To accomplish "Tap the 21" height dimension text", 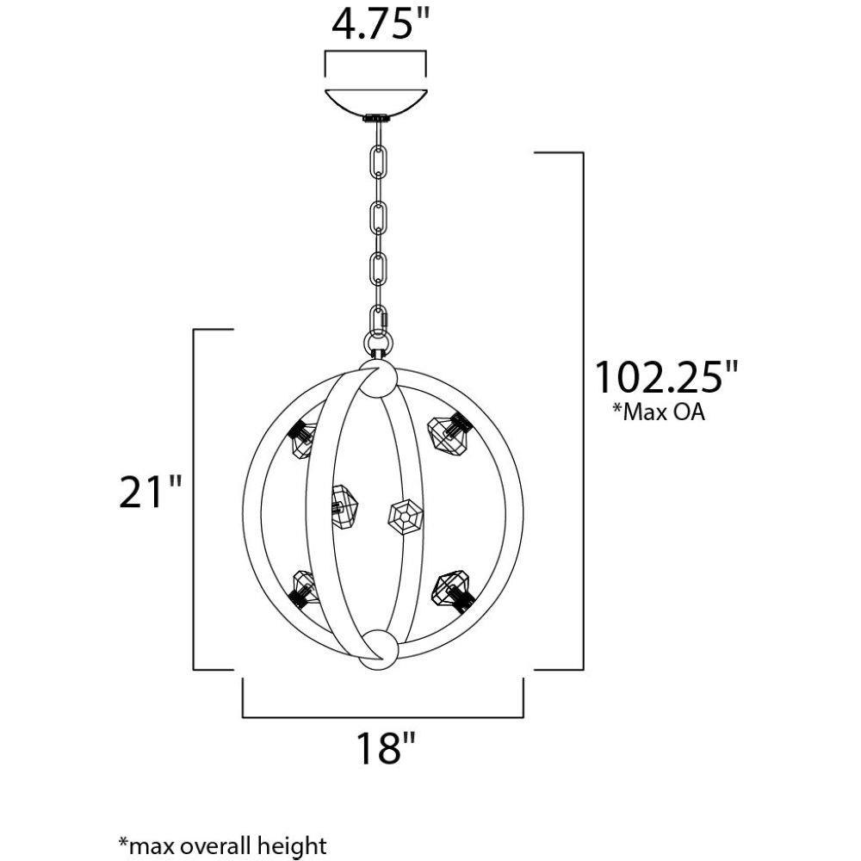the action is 150,491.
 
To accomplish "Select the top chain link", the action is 378,162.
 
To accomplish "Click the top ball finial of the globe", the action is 378,378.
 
